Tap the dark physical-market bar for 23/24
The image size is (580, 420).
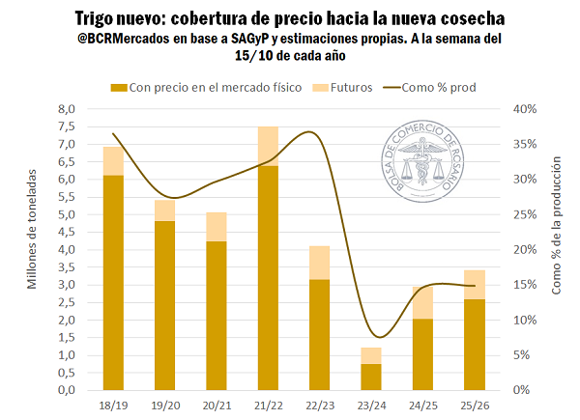tap(371, 377)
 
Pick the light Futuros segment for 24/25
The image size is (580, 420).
tap(422, 302)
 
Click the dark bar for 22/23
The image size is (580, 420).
tap(320, 334)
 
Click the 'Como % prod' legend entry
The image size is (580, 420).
tap(430, 87)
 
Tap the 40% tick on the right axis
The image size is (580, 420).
tap(523, 109)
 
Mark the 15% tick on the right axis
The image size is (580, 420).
tap(523, 285)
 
